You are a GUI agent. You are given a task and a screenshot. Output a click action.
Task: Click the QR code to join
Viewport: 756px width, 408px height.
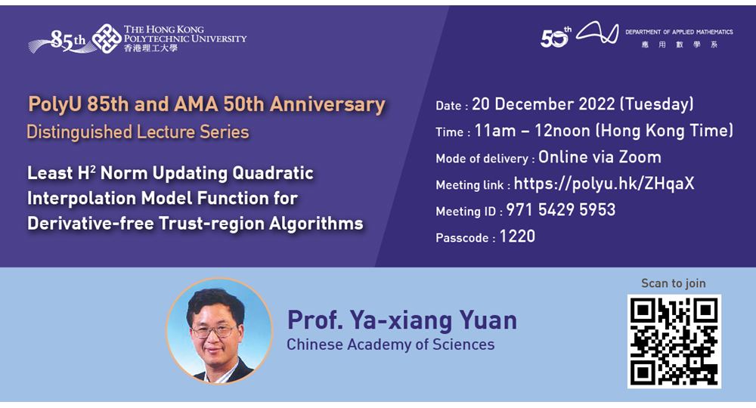[674, 341]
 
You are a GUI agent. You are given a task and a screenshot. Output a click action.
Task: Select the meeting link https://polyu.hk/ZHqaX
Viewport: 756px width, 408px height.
[605, 184]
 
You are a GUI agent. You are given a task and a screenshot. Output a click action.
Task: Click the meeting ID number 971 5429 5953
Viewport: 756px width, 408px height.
[560, 210]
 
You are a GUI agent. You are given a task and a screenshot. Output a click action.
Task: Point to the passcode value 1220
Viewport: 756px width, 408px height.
[517, 236]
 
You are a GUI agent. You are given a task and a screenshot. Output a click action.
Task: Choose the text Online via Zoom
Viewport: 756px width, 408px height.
[600, 157]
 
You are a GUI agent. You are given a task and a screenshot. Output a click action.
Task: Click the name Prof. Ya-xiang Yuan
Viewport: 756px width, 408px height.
[401, 320]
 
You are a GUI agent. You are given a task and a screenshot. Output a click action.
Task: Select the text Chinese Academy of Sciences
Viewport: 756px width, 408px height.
[390, 345]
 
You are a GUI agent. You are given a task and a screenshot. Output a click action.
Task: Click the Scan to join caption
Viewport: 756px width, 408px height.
[673, 283]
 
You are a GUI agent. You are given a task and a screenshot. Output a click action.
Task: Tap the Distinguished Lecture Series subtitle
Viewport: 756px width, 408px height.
[138, 132]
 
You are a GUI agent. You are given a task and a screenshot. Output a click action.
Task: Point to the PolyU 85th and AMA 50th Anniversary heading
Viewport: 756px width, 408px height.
[206, 104]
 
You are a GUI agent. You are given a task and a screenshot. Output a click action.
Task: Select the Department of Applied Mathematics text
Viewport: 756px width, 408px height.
[679, 32]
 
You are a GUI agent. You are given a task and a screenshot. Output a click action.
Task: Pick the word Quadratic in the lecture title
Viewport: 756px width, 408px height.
[273, 173]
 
